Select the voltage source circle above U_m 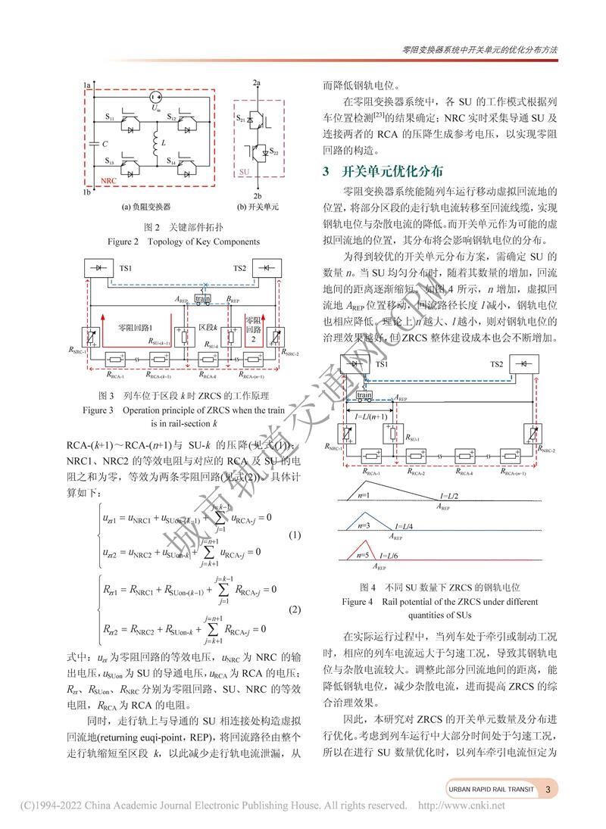(155, 96)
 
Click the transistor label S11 (111, 118)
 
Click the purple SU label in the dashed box (245, 173)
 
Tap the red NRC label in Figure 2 (109, 182)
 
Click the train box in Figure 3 (202, 299)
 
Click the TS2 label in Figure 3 (239, 268)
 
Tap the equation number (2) (295, 609)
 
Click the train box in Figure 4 (364, 394)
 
